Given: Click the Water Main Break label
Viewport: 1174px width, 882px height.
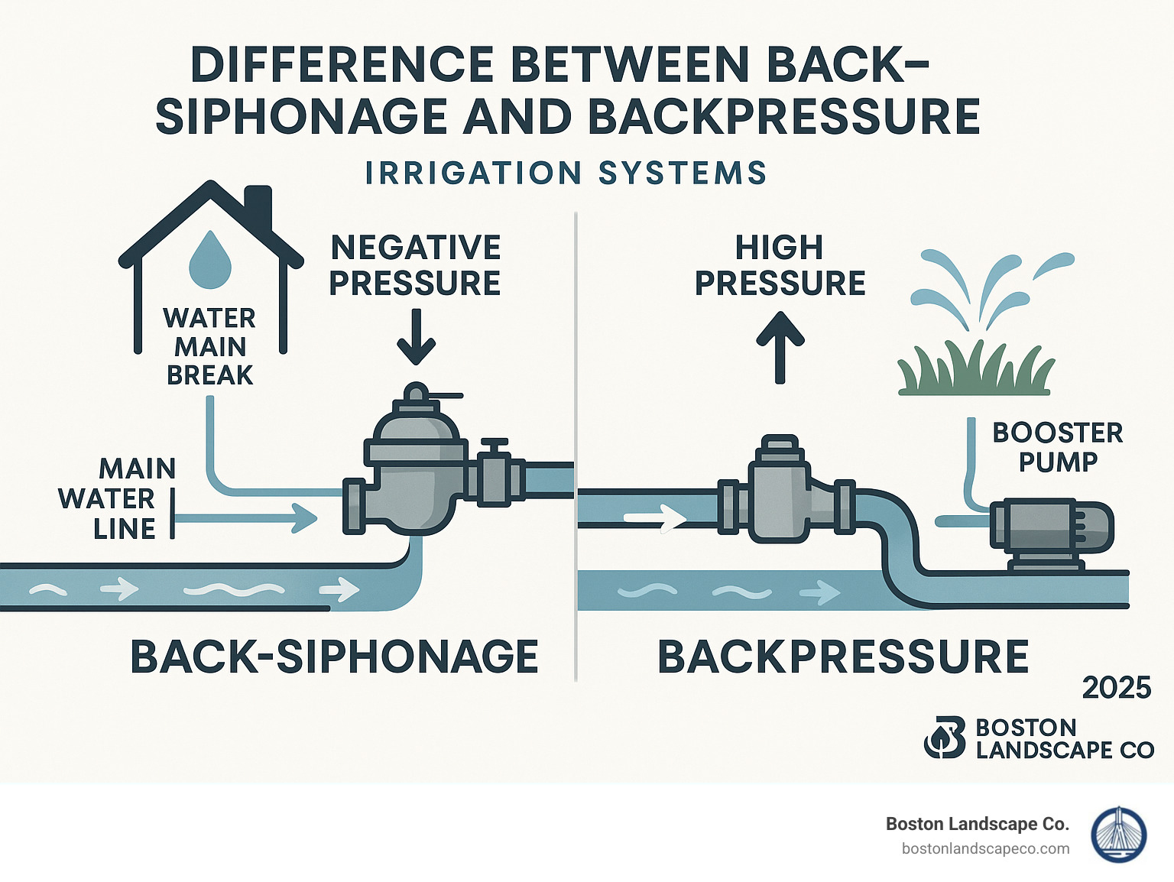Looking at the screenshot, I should coord(209,346).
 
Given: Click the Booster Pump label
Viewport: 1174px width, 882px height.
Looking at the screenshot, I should coord(1058,447).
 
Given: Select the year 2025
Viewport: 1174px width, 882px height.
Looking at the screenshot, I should coord(1116,688).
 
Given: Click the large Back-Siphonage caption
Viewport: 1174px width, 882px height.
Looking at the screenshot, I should coord(334,657).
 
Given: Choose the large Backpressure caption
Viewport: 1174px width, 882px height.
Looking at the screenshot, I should coord(843,657).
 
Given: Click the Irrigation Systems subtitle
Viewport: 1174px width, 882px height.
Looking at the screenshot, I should coord(566,173).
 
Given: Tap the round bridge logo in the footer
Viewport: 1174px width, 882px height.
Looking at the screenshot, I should coord(1118,835).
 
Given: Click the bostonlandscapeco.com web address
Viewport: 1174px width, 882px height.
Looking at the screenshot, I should coord(985,848).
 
